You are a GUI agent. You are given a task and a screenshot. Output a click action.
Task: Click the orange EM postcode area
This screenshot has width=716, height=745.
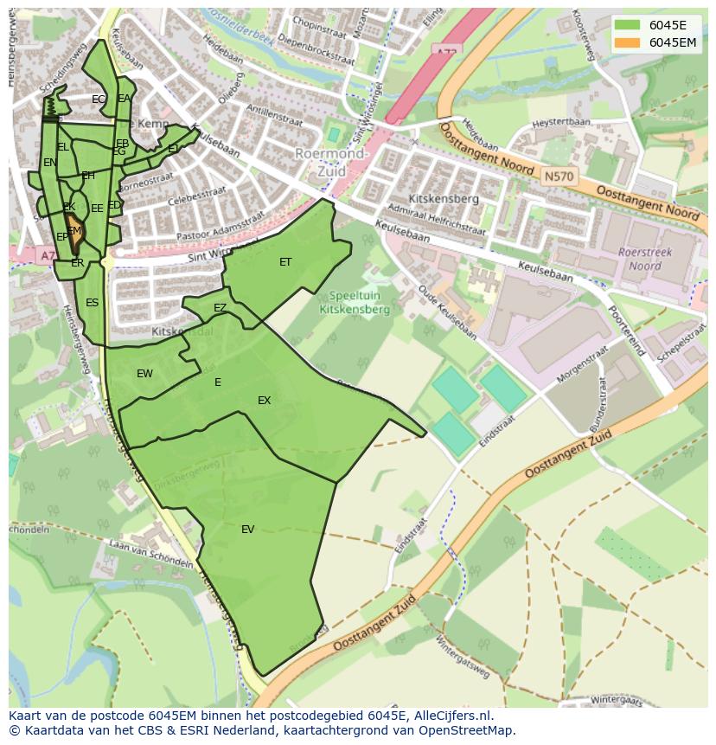click(74, 233)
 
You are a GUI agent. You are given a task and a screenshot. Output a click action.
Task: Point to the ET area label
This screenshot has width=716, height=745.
click(285, 262)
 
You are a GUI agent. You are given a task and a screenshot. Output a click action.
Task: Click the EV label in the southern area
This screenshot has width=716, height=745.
click(247, 530)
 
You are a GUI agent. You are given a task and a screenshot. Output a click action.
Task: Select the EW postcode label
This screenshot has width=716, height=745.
click(144, 374)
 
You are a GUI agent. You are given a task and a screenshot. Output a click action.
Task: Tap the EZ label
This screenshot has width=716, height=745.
click(220, 308)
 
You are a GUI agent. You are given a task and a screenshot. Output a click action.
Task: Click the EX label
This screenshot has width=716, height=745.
click(264, 401)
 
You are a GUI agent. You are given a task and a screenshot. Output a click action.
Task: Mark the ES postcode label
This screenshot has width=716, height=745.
click(92, 303)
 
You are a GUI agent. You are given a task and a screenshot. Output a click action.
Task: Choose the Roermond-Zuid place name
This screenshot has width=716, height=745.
click(332, 163)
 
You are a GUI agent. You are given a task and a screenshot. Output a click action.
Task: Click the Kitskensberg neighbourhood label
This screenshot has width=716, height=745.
click(445, 199)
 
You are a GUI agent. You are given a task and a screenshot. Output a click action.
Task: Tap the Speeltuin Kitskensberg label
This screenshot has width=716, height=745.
click(355, 302)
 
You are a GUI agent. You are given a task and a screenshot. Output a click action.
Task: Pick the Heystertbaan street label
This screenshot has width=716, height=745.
click(560, 125)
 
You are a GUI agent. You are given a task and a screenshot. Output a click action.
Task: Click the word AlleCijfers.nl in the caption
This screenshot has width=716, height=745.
click(451, 716)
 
